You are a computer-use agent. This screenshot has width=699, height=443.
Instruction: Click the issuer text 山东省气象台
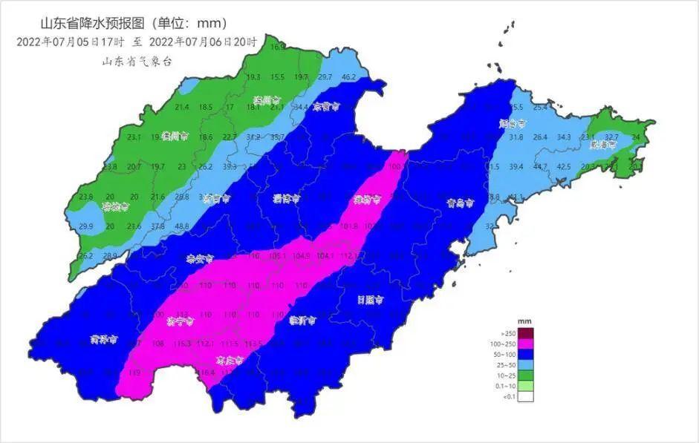(137, 62)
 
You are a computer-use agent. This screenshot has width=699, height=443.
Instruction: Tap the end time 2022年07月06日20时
(203, 42)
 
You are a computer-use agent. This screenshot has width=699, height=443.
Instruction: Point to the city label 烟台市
(512, 124)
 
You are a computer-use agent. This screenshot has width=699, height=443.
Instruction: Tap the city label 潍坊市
(366, 200)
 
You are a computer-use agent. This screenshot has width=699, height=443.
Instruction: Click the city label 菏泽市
(104, 340)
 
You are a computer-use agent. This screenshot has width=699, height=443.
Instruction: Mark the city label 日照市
(370, 301)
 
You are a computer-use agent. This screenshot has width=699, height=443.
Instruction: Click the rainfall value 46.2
(348, 77)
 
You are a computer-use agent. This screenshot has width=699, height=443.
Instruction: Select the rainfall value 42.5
(564, 167)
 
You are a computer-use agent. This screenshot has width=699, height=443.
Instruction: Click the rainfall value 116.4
(206, 373)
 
